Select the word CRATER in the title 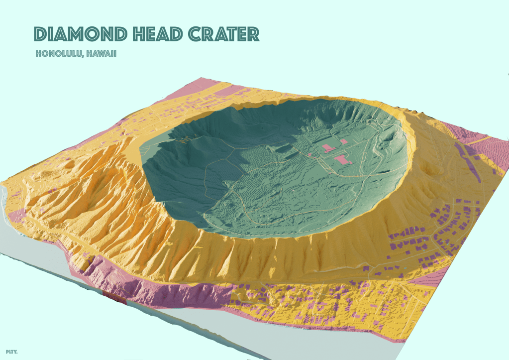pyautogui.click(x=224, y=34)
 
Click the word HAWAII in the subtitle pyautogui.click(x=101, y=53)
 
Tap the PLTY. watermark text pyautogui.click(x=11, y=352)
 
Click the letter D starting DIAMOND pyautogui.click(x=40, y=34)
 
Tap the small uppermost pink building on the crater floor pyautogui.click(x=343, y=141)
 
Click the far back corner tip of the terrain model pyautogui.click(x=200, y=78)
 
